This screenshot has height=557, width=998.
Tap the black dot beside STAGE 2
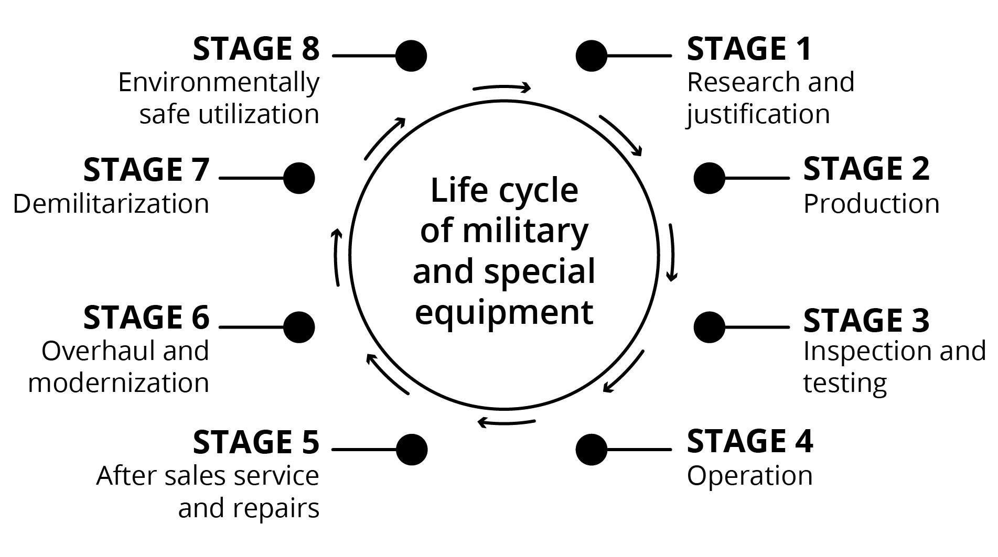tap(709, 178)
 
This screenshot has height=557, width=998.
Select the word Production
tap(871, 203)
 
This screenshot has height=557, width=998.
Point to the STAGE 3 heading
tap(866, 320)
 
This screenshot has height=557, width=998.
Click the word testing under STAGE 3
tap(845, 383)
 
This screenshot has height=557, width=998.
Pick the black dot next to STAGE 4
tap(592, 449)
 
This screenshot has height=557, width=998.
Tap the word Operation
tap(749, 476)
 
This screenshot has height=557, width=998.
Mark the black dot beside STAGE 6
tap(299, 327)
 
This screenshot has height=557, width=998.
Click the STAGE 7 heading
tap(146, 170)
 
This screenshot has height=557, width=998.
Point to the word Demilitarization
tap(111, 203)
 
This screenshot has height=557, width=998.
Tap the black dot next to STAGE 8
tap(411, 56)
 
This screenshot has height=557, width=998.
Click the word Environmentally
tap(219, 83)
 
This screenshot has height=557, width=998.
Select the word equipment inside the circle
tap(504, 313)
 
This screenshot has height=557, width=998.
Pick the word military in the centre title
tap(525, 231)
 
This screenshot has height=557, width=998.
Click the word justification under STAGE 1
tap(758, 115)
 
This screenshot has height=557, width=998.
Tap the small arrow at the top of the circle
tap(502, 88)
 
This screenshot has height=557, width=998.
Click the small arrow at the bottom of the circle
tap(506, 421)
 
